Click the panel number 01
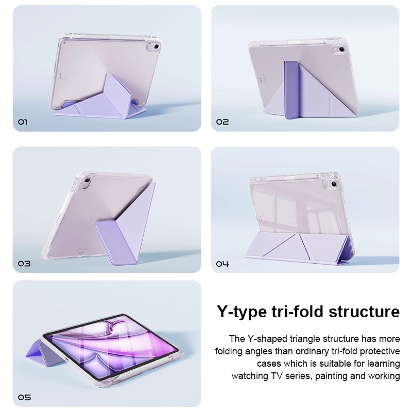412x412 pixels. [23, 122]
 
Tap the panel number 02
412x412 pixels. [222, 122]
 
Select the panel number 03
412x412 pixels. [24, 263]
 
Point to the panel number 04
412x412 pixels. [222, 263]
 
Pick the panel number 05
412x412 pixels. [24, 397]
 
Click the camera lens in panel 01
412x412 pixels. [157, 46]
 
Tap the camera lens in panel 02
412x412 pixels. [341, 49]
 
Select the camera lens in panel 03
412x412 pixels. [88, 181]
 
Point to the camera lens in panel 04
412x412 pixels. [334, 184]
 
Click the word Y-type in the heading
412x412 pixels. [242, 312]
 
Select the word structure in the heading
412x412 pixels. [364, 312]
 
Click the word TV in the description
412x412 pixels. [275, 376]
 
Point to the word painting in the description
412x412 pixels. [332, 376]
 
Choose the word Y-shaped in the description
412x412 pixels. [267, 339]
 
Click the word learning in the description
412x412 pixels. [383, 364]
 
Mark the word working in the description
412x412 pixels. [384, 376]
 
